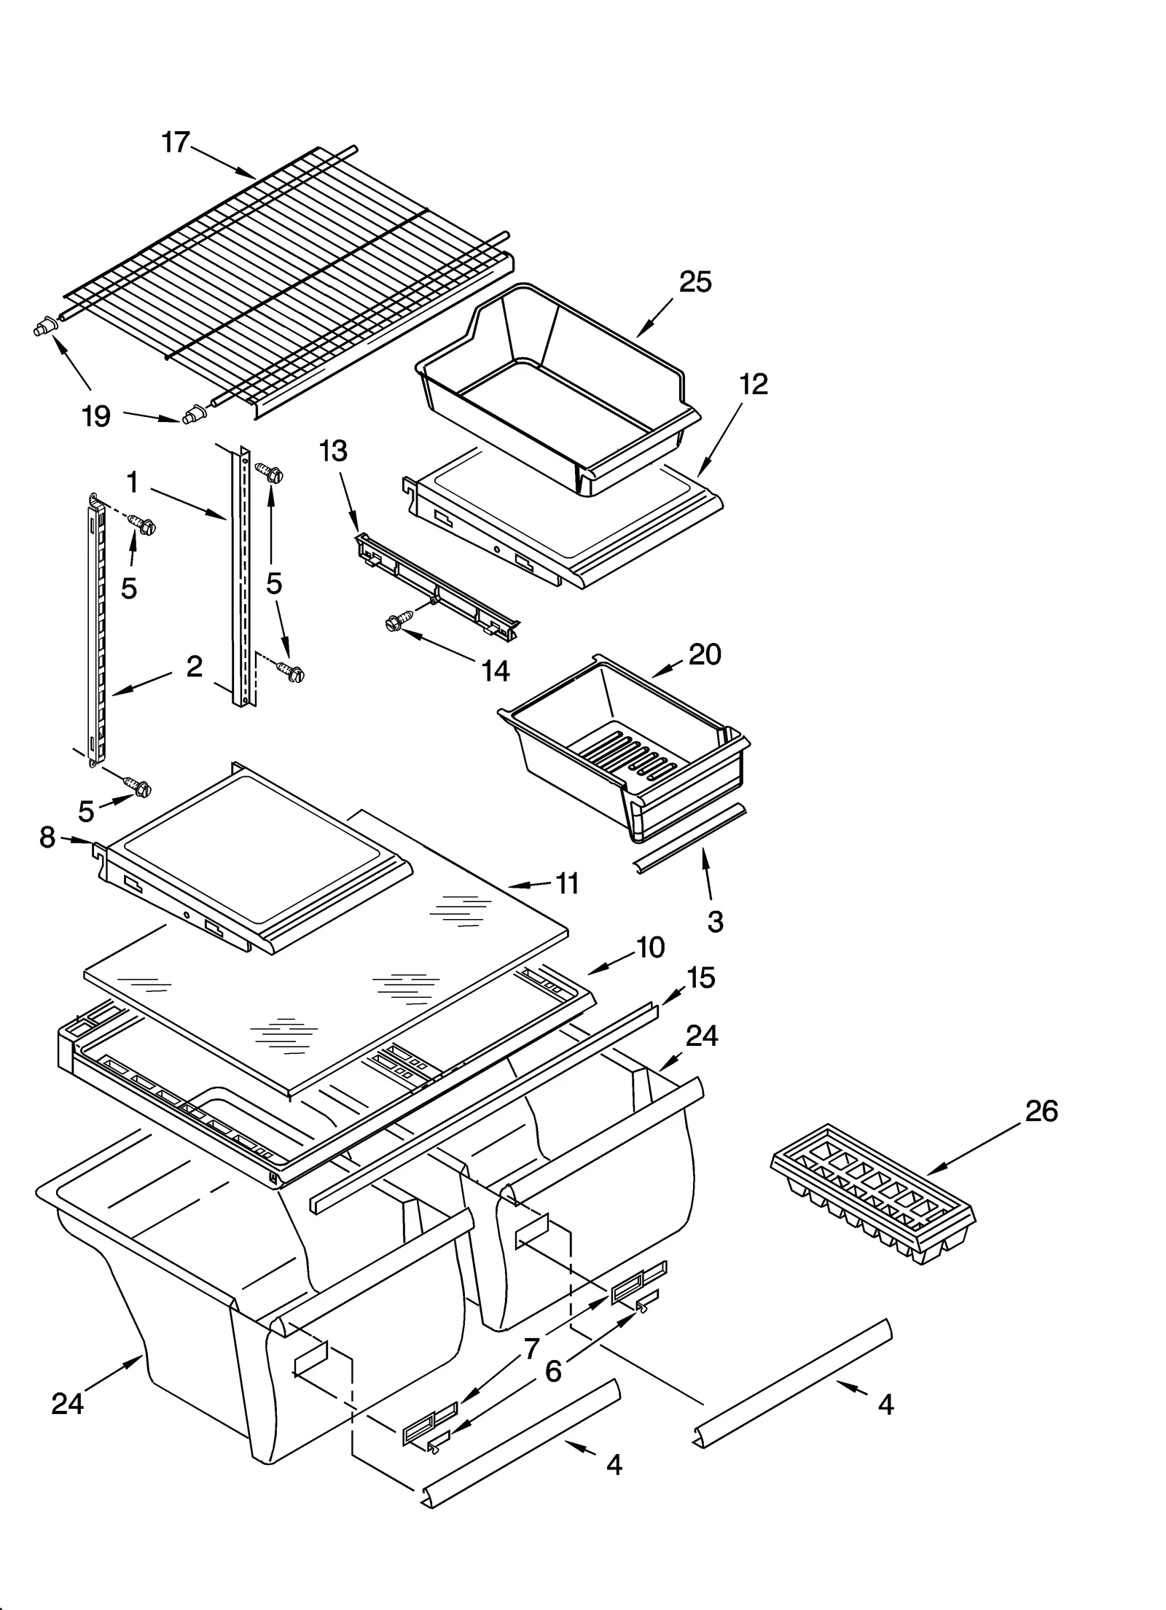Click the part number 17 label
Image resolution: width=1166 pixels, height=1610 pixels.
(176, 143)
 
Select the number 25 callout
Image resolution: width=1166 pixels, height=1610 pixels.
(694, 282)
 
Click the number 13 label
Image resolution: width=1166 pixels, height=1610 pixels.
(333, 451)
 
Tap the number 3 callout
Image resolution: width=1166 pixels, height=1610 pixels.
(715, 921)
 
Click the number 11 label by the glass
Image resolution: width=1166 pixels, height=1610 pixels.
(567, 883)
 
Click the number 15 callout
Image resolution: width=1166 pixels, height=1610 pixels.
(700, 978)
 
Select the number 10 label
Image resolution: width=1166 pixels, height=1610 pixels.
(650, 947)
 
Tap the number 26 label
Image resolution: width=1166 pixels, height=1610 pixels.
(1041, 1111)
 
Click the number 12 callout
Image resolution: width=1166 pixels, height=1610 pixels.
(754, 384)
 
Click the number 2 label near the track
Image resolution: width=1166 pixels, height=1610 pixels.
(194, 666)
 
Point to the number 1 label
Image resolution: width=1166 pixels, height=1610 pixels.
(133, 482)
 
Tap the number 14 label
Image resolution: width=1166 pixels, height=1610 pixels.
(496, 671)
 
